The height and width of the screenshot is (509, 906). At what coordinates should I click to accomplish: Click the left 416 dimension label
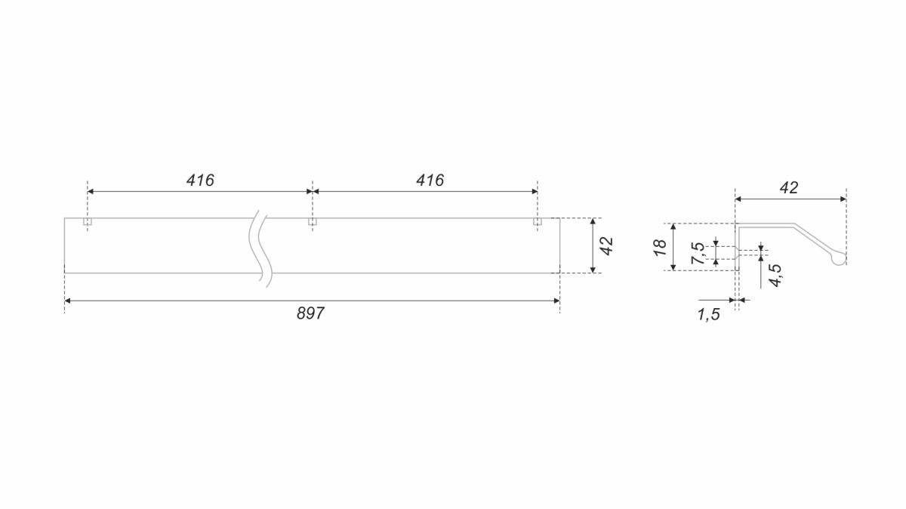click(x=200, y=180)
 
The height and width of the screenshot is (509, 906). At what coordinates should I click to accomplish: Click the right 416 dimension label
click(x=430, y=180)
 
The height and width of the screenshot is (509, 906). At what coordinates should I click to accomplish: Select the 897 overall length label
click(x=310, y=313)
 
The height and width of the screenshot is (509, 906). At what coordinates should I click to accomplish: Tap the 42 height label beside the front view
click(x=607, y=245)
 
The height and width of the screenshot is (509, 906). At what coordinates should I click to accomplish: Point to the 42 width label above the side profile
click(x=789, y=188)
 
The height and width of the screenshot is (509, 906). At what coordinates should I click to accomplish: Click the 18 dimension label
click(x=661, y=247)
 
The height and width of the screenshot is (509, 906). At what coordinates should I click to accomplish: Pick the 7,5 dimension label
click(x=698, y=253)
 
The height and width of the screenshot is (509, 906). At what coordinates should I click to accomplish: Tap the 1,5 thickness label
click(x=709, y=315)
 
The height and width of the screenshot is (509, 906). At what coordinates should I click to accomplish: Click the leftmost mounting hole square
click(x=88, y=221)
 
